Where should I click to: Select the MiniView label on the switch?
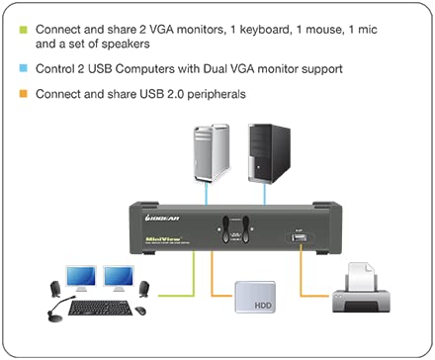pos(160,237)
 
